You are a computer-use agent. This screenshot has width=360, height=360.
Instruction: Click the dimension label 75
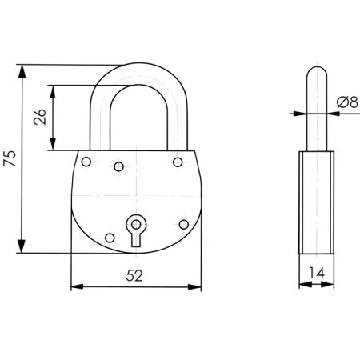point(10,158)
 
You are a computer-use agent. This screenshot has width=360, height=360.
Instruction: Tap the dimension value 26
point(40,117)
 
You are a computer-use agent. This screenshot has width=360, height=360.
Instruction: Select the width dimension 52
point(134,275)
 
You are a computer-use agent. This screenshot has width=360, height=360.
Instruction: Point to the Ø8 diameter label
point(347,102)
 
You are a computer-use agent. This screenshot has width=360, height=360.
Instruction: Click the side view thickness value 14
point(317,273)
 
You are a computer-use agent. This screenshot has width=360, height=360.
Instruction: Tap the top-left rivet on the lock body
point(86,162)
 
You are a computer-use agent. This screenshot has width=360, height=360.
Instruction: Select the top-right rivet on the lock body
point(178,162)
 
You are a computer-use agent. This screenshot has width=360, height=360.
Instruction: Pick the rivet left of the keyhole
point(110,238)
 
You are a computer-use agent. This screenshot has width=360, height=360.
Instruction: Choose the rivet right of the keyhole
point(184,225)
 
